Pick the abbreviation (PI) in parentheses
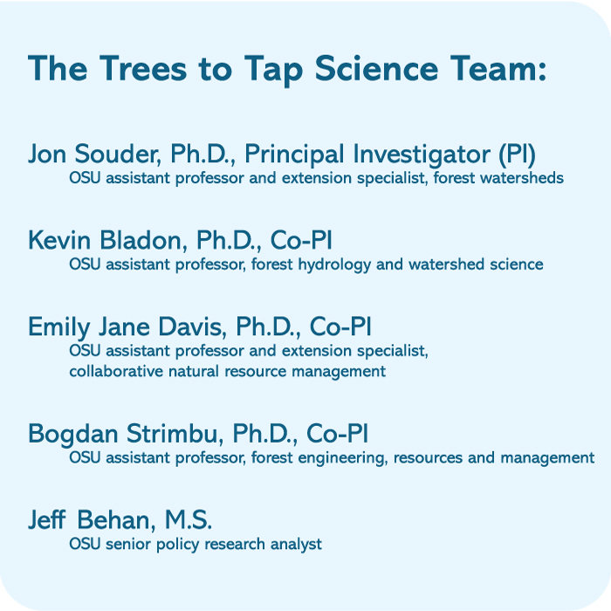(517, 154)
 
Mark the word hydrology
(328, 264)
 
